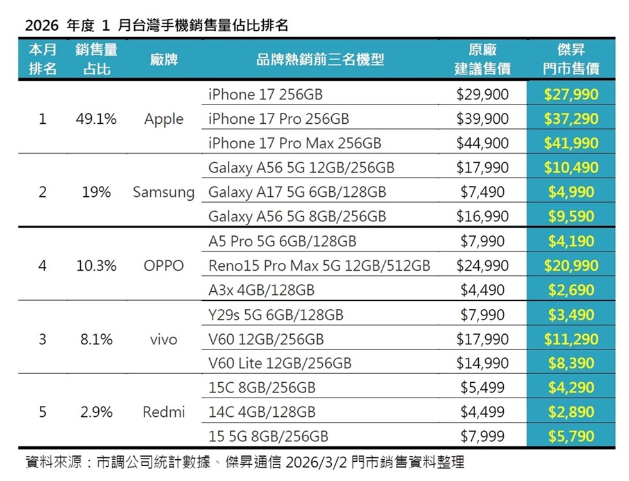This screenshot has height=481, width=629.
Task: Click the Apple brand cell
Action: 164,119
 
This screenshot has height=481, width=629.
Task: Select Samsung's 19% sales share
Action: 96,192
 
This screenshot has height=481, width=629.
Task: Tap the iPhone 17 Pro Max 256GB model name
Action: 295,144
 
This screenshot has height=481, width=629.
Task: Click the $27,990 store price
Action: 571,95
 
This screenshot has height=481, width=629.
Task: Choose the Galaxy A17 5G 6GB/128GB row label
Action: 297,192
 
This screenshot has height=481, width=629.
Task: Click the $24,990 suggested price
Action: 482,266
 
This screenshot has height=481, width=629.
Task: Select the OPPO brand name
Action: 164,266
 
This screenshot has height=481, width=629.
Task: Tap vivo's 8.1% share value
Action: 96,339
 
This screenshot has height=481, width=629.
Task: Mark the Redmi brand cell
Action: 164,412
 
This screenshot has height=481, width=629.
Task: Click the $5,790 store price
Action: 571,437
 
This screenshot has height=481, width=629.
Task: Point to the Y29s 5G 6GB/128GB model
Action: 276,315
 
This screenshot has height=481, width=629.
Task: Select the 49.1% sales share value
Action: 96,119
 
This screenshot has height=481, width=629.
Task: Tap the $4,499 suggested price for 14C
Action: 482,412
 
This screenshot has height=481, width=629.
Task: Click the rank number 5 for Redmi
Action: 42,412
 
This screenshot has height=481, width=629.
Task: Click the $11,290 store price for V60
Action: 571,339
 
